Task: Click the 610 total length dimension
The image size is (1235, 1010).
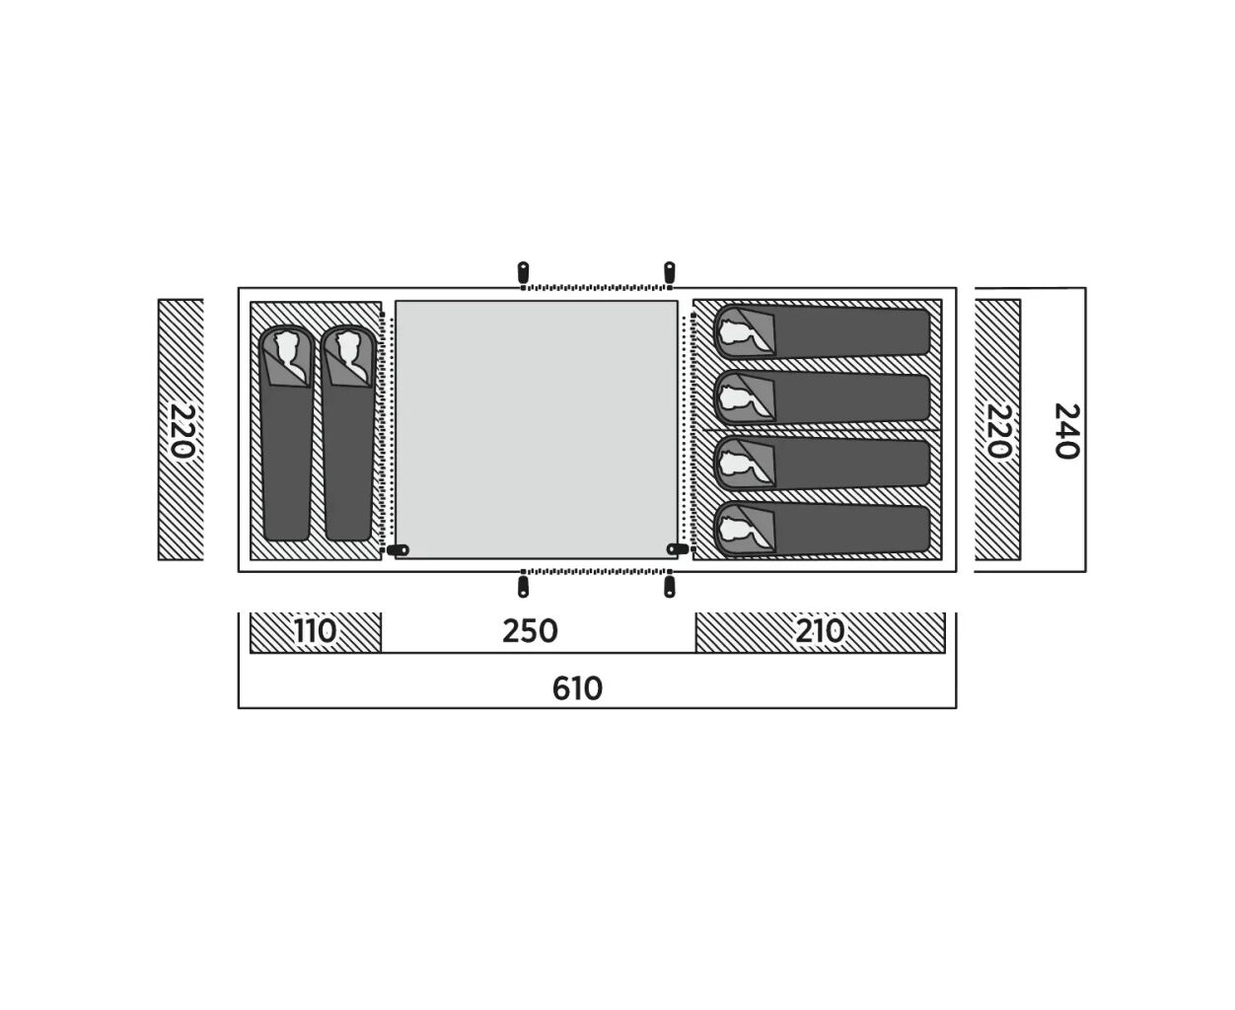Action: (x=577, y=688)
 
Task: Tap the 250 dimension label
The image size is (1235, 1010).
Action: (x=530, y=631)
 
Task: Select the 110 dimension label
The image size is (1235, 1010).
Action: (x=315, y=631)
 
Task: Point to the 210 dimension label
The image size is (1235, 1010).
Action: (x=820, y=631)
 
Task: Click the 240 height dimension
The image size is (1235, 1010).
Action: (x=1066, y=431)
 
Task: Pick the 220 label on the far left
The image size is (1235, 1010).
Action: (x=182, y=431)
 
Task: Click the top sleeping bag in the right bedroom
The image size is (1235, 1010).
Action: (x=822, y=330)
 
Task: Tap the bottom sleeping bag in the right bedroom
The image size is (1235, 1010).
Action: (x=822, y=529)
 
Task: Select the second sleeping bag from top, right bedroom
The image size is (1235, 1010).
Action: (x=822, y=397)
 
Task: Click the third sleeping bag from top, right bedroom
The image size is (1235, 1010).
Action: (x=822, y=464)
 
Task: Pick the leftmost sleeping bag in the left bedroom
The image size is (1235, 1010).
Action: (x=286, y=433)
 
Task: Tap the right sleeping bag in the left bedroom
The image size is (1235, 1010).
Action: (x=348, y=433)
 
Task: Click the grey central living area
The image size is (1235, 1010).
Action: (x=537, y=430)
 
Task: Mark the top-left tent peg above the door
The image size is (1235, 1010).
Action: (x=523, y=273)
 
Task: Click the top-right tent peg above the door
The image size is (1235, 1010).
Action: (x=670, y=273)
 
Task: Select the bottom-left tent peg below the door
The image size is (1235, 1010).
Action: (x=523, y=587)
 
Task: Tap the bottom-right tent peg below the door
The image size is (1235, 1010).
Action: (x=670, y=587)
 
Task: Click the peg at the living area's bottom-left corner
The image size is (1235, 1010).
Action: (x=398, y=549)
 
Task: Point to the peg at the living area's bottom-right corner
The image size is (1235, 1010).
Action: (x=678, y=548)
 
